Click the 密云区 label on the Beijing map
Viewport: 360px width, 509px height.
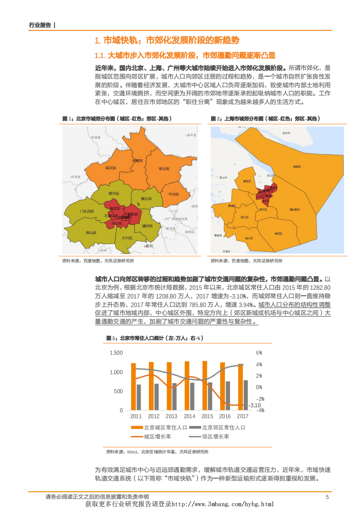click(164, 169)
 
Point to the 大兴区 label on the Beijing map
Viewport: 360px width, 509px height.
click(127, 238)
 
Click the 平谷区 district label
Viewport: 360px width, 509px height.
click(173, 194)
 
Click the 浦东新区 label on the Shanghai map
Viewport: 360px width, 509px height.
click(294, 210)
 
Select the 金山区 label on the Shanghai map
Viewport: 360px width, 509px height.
click(249, 237)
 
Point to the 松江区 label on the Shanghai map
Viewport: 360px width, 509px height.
click(245, 217)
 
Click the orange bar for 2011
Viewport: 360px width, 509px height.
click(133, 387)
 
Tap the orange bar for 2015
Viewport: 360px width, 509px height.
click(205, 386)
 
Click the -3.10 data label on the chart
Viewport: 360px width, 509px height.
click(255, 405)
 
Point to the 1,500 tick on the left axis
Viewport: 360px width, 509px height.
click(117, 353)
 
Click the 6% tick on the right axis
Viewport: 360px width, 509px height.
click(259, 353)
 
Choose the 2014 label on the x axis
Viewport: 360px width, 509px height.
click(189, 416)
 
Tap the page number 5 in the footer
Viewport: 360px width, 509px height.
click(327, 497)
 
